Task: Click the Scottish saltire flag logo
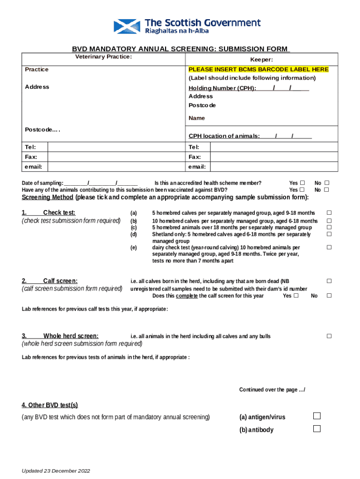tap(127, 26)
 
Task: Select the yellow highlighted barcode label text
tap(259, 69)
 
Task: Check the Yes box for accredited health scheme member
tap(302, 183)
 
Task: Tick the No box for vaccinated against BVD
tap(327, 190)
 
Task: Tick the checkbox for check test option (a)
tap(329, 213)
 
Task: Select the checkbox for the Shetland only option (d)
tap(329, 234)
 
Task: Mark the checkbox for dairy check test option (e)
tap(329, 247)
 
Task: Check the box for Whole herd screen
tap(329, 336)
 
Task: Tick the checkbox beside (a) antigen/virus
tap(317, 416)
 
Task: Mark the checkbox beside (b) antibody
tap(317, 428)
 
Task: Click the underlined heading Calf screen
tap(60, 281)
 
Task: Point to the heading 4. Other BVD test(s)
tap(50, 405)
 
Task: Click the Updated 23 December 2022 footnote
tap(56, 471)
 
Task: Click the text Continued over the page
tap(272, 390)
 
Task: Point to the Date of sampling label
tap(43, 183)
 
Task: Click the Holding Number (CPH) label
tap(222, 88)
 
